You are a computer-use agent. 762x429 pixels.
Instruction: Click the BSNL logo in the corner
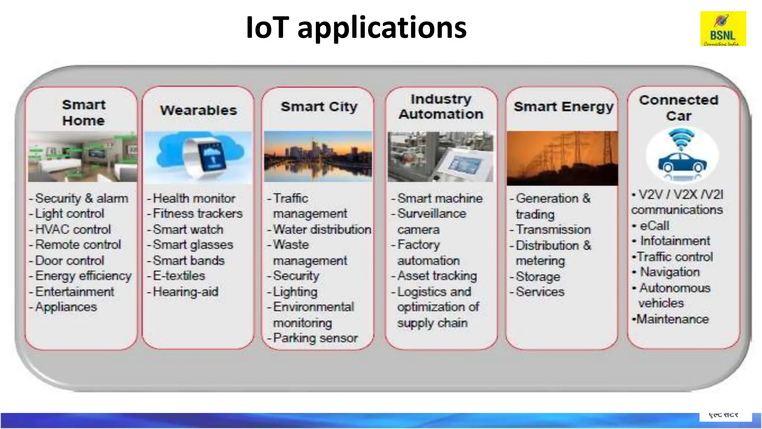coord(723,29)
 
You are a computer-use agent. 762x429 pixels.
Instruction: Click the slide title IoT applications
coord(356,28)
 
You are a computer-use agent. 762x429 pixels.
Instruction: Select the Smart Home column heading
coord(83,112)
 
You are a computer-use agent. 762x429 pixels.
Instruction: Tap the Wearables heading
coord(198,110)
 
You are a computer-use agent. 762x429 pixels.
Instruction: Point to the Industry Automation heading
coord(441,107)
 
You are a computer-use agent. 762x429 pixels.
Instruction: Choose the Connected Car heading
coord(679,108)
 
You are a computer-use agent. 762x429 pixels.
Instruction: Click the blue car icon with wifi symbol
coord(682,155)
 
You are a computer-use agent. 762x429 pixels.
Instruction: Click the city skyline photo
coord(318,156)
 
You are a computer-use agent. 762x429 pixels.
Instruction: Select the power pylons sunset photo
coord(562,158)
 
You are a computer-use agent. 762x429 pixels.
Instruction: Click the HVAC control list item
coord(73,229)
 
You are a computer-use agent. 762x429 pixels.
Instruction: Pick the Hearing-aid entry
coord(185,292)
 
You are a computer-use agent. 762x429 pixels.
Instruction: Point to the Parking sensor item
coord(315,338)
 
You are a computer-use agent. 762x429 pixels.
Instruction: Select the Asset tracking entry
coord(437,276)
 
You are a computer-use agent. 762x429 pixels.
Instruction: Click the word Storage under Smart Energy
coord(538,277)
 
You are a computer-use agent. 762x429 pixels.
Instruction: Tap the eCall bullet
coord(654,226)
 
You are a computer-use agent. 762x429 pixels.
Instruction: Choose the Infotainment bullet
coord(675,241)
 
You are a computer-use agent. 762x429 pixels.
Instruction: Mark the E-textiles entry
coord(179,276)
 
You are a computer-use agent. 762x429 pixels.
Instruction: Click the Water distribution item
coord(322,229)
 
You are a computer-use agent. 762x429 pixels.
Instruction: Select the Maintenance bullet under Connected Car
coord(672,319)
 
